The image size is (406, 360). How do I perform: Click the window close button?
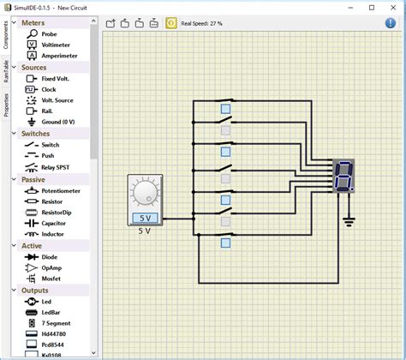(x=393, y=7)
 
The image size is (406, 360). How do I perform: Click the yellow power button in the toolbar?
(x=170, y=23)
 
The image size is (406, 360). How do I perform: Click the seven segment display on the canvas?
(x=343, y=175)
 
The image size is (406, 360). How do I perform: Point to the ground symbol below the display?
(x=348, y=222)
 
